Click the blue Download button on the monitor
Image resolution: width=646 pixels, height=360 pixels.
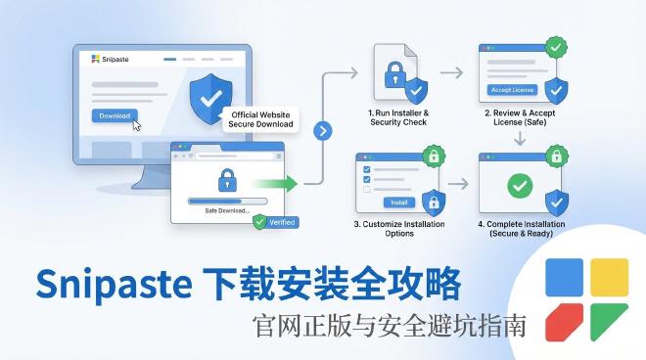115,115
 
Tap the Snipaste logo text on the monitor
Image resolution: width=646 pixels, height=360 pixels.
115,59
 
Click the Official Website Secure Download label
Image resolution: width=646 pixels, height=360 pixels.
260,119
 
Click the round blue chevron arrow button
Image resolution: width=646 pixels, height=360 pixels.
323,130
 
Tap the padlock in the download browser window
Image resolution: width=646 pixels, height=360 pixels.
227,179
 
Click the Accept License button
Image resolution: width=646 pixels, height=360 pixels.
512,89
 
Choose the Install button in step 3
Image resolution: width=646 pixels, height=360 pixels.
398,202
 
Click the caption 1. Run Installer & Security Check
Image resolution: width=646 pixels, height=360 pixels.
398,118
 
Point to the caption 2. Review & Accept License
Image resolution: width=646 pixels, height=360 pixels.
519,118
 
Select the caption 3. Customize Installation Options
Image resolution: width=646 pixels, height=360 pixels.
398,230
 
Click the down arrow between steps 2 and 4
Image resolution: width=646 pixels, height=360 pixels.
520,139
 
